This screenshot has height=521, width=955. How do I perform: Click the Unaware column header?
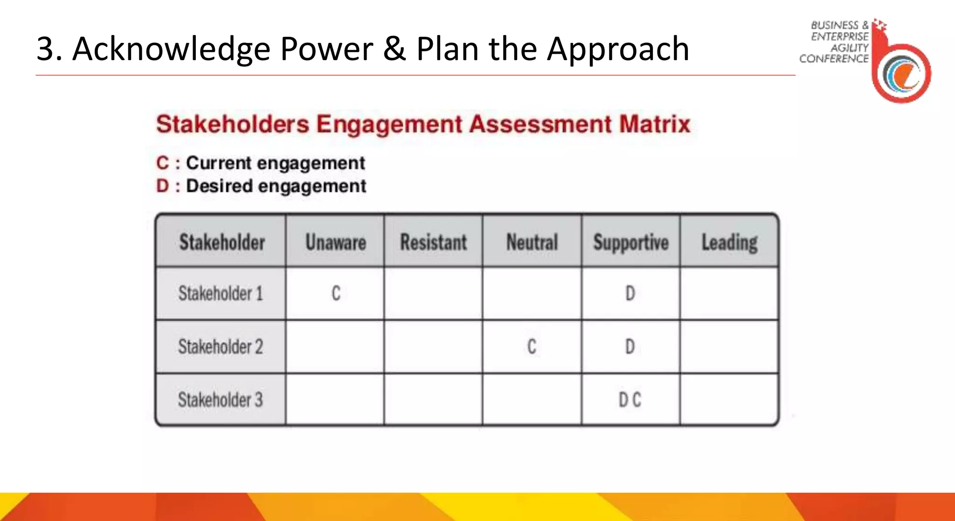(x=335, y=242)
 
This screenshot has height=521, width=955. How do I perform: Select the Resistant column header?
(x=433, y=242)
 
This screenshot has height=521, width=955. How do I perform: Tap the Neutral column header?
(x=532, y=242)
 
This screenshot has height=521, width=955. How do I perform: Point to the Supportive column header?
(x=630, y=243)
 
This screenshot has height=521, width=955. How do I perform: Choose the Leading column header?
(x=729, y=243)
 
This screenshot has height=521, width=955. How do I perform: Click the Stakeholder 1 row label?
(x=221, y=293)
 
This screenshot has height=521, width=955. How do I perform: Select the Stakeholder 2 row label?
(x=221, y=347)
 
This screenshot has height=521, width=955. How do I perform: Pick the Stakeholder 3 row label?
(x=221, y=400)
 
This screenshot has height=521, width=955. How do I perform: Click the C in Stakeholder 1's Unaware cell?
(x=336, y=293)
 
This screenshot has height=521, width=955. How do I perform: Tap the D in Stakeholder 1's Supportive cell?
(x=630, y=293)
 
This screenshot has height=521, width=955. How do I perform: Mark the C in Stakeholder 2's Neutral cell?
(x=532, y=347)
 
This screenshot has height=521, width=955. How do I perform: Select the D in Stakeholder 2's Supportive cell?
(x=630, y=347)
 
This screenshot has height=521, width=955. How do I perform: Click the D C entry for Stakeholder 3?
(x=630, y=400)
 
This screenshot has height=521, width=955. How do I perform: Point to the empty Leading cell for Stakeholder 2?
(x=729, y=347)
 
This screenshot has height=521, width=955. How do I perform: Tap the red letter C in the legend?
(x=162, y=163)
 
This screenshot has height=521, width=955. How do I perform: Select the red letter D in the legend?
(x=162, y=186)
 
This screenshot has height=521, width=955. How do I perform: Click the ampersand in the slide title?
(x=394, y=49)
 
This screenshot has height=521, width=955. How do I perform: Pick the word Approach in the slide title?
(x=618, y=49)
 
